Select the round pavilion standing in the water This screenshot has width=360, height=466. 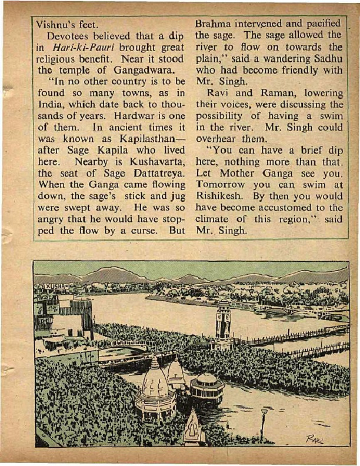point(206,388)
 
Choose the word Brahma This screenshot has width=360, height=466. point(213,24)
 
